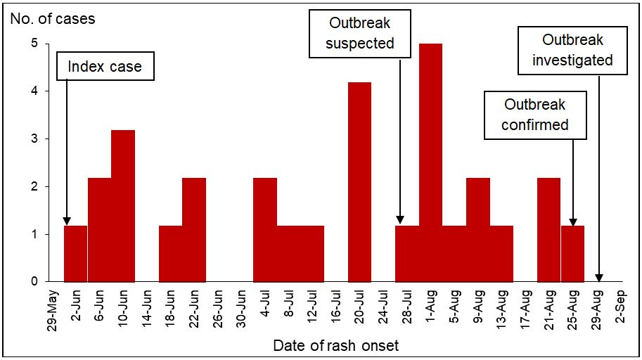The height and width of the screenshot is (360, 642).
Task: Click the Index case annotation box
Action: click(105, 67)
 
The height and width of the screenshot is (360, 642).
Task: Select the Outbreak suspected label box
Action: click(360, 33)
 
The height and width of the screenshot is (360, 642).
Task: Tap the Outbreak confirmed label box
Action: click(535, 115)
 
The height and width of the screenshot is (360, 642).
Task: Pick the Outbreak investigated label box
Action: click(572, 50)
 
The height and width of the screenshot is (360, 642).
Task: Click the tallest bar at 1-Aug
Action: click(430, 162)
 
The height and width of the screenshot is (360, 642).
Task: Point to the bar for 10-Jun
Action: click(123, 205)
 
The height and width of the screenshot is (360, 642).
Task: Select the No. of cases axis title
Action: click(53, 18)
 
